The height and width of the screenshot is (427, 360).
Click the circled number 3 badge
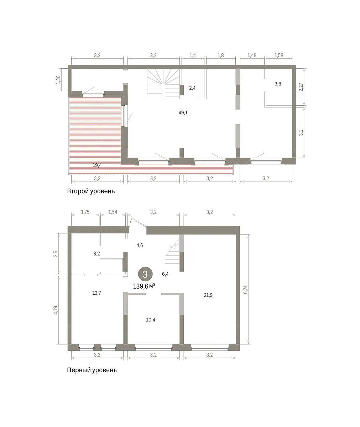point(145,274)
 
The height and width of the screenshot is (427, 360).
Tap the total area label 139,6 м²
point(144,286)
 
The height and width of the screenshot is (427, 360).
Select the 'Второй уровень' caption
point(91,191)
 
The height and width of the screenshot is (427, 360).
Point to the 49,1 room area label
point(183,112)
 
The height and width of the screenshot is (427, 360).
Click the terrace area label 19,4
point(97,165)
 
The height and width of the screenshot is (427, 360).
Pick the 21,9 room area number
point(208,295)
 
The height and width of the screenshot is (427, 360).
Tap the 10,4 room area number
point(151,320)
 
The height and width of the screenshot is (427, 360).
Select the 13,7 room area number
point(96,293)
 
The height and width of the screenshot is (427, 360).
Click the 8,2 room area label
point(96,254)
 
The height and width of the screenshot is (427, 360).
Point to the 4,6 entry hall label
point(140,245)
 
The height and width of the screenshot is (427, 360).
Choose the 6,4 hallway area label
point(165,274)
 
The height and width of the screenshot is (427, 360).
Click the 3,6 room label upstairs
point(278,84)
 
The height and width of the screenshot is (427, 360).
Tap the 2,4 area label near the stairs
point(192,88)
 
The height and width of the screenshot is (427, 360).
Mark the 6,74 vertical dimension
point(245,289)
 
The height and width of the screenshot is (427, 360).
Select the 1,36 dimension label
point(58,80)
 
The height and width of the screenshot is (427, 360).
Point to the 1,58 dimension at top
point(279,56)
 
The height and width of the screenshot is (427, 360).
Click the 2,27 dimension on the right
point(301,87)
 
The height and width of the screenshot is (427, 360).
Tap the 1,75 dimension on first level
point(85,212)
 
